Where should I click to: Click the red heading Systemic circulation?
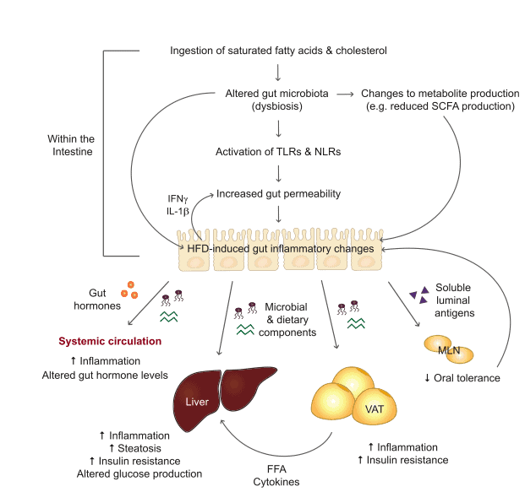point(110,342)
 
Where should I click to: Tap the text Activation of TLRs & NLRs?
point(278,153)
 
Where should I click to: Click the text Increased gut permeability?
point(278,193)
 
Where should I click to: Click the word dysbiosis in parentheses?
point(278,106)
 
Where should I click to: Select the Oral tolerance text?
point(468,378)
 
